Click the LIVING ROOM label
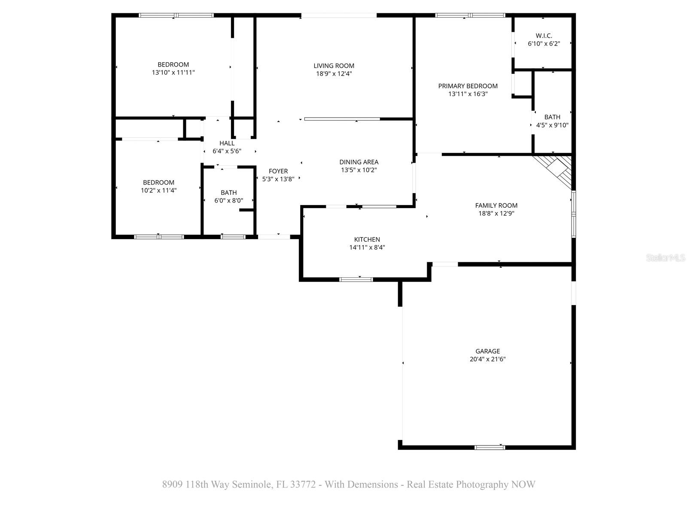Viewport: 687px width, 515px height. pos(334,66)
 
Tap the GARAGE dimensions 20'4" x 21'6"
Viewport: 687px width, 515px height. pos(487,359)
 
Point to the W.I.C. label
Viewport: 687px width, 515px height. pos(544,36)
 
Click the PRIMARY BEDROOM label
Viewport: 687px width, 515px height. pos(468,86)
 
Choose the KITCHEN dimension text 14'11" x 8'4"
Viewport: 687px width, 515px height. pos(367,247)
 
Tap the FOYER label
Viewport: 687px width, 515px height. pos(278,171)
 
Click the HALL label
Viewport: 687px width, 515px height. pos(227,143)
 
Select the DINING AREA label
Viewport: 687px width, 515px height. pos(359,162)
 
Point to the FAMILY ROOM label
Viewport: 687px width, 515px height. pos(496,205)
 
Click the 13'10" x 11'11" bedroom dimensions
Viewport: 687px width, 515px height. pos(173,73)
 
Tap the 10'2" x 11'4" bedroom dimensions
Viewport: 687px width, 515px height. pos(158,190)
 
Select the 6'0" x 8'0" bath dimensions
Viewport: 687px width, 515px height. pos(228,200)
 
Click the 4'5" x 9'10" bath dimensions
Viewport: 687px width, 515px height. pos(552,125)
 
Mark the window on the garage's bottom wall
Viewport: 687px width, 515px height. pos(489,447)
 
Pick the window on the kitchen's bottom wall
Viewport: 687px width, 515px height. pos(356,279)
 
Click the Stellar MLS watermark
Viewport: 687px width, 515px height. pos(666,258)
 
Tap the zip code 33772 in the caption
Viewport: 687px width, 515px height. pos(303,485)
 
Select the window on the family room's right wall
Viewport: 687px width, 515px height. pos(573,214)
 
